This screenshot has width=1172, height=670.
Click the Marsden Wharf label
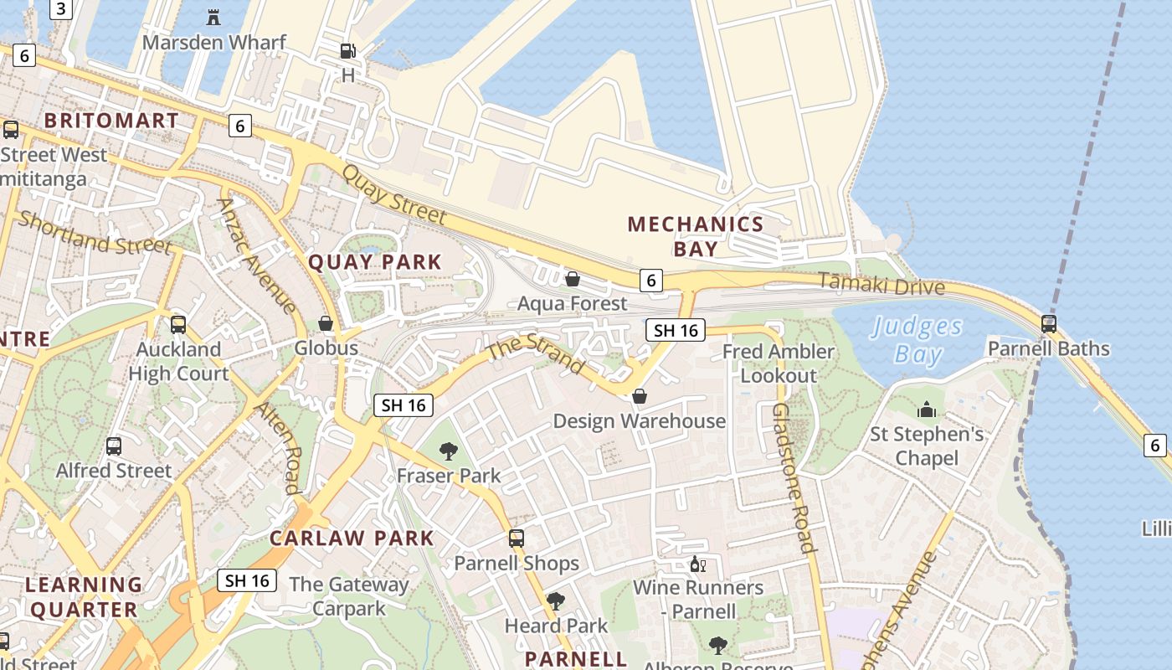coord(214,42)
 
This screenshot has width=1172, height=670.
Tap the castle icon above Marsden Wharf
coord(213,17)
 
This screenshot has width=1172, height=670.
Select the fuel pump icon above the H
coord(347,51)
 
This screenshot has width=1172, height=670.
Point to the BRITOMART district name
coord(111,121)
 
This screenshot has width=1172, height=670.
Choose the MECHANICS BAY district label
coord(696,236)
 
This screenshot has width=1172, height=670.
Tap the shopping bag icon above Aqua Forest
coord(573,279)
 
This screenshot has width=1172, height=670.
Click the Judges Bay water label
coord(916,340)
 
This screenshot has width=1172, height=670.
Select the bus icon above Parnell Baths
coord(1048,323)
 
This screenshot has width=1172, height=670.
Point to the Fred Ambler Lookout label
coord(779,363)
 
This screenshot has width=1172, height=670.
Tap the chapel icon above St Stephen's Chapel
coord(927,410)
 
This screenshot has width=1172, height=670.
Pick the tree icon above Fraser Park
coord(449,451)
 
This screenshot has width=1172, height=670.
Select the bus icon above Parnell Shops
coord(517,539)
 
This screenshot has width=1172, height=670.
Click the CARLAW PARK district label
coord(352,539)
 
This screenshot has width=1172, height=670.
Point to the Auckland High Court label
coord(178,362)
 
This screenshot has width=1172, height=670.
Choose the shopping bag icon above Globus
coord(326,323)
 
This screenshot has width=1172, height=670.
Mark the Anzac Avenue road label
coord(256,255)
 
